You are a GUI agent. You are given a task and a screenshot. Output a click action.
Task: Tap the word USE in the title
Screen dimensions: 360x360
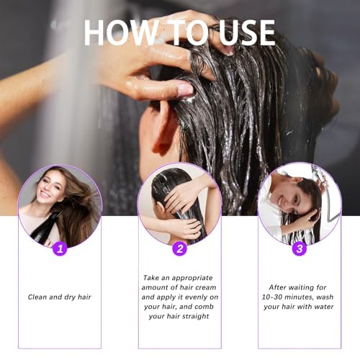tap(240, 32)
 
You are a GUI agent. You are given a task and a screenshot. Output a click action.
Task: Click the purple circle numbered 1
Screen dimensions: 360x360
tap(60, 248)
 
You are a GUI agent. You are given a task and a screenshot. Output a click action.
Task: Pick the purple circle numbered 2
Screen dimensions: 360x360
tap(180, 248)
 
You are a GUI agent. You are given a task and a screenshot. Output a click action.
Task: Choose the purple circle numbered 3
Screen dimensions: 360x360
tap(300, 248)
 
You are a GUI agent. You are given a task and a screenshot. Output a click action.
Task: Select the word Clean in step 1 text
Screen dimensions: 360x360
tap(38, 297)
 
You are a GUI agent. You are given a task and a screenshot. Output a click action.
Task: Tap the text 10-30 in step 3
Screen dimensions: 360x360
tap(271, 297)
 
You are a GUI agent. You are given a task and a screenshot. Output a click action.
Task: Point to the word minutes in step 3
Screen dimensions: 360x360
tap(305, 297)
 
